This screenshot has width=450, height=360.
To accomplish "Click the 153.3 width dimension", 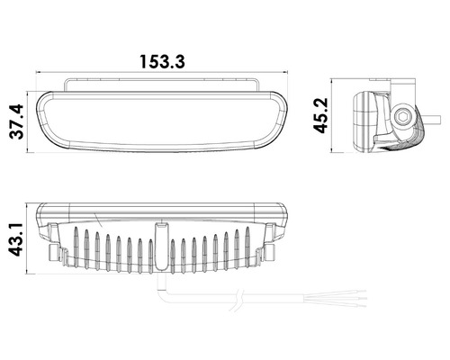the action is pyautogui.click(x=162, y=62).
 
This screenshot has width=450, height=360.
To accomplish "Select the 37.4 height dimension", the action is pyautogui.click(x=16, y=121).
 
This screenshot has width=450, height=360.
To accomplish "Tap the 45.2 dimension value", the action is pyautogui.click(x=320, y=115).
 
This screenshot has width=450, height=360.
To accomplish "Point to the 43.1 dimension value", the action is pyautogui.click(x=15, y=239).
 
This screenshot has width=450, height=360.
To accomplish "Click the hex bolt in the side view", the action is pyautogui.click(x=401, y=117).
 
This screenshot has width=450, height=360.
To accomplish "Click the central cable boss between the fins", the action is pyautogui.click(x=162, y=246).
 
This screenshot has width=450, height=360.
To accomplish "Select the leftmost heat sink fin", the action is pyautogui.click(x=76, y=247).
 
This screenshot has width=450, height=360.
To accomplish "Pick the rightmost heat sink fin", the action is pyautogui.click(x=247, y=247).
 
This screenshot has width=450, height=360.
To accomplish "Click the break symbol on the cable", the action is pyautogui.click(x=238, y=300).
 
